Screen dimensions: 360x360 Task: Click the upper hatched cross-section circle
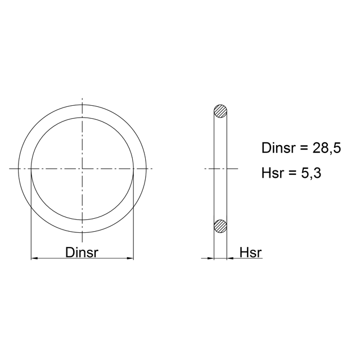point(220,111)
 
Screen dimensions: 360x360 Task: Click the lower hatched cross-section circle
point(220,226)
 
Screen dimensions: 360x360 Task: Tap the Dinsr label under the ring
point(82,253)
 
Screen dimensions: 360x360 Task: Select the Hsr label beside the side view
point(250,253)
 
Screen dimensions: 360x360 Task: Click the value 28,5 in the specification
point(327,148)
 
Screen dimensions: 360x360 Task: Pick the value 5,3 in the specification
point(311,173)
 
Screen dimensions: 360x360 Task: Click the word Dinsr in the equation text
point(278,148)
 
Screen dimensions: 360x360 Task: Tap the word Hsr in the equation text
point(272,173)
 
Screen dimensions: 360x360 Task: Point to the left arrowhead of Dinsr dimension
point(34,258)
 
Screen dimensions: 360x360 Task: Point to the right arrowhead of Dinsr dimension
point(130,258)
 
